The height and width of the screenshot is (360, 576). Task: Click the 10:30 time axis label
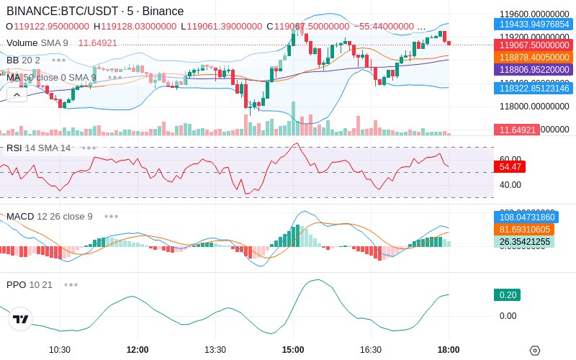60,350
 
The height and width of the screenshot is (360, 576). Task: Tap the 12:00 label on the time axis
138,350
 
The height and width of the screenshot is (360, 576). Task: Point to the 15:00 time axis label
293,350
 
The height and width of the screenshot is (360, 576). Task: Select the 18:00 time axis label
449,350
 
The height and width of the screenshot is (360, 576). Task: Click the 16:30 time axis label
371,350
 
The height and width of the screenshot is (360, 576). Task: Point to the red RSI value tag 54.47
510,166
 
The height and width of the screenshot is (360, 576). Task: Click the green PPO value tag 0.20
507,294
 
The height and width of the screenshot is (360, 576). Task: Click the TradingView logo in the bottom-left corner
21,319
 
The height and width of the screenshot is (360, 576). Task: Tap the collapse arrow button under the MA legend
17,94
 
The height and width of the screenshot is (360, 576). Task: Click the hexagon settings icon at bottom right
534,351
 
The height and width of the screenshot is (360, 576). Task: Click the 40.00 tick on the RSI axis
510,185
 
